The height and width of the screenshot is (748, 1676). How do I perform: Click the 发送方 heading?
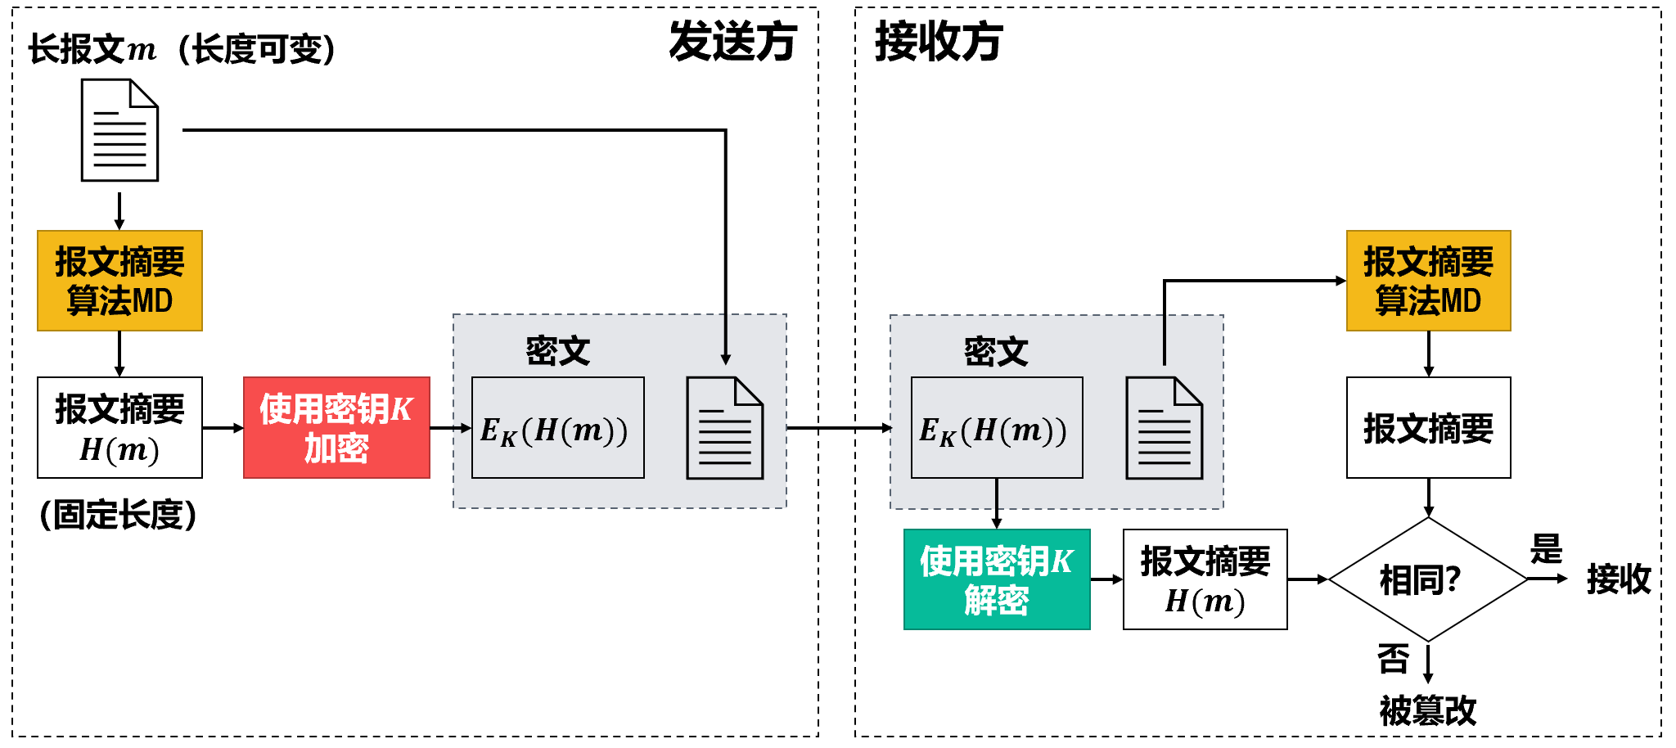pyautogui.click(x=732, y=42)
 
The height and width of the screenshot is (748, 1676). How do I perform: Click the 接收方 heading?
pyautogui.click(x=939, y=42)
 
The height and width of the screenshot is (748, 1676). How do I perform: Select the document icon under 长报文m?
pyautogui.click(x=119, y=130)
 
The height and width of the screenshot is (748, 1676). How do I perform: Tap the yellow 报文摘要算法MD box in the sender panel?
pyautogui.click(x=119, y=281)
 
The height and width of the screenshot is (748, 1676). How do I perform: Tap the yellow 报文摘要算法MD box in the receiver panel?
pyautogui.click(x=1428, y=281)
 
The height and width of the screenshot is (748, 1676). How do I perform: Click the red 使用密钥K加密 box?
pyautogui.click(x=336, y=427)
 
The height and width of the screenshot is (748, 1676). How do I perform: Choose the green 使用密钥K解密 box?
pyautogui.click(x=997, y=579)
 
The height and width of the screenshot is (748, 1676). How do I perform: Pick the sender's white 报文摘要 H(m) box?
pyautogui.click(x=119, y=427)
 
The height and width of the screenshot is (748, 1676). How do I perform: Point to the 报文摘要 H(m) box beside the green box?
pyautogui.click(x=1205, y=579)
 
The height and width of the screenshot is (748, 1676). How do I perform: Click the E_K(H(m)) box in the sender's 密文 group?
pyautogui.click(x=557, y=428)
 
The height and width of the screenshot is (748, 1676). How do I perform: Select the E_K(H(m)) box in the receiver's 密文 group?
pyautogui.click(x=997, y=428)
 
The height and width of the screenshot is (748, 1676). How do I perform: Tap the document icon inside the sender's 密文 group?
pyautogui.click(x=725, y=428)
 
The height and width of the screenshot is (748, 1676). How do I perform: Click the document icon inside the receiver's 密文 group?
pyautogui.click(x=1165, y=428)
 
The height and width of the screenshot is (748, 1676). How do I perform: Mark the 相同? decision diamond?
pyautogui.click(x=1427, y=579)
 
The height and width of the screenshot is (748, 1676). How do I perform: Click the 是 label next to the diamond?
pyautogui.click(x=1546, y=549)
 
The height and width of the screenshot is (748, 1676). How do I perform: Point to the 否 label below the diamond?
pyautogui.click(x=1393, y=659)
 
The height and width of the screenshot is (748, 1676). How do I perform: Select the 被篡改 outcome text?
pyautogui.click(x=1427, y=710)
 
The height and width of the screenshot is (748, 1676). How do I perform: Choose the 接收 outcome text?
pyautogui.click(x=1619, y=579)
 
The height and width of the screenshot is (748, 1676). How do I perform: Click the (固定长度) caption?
pyautogui.click(x=119, y=515)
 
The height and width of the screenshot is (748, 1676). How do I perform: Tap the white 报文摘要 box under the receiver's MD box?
pyautogui.click(x=1428, y=428)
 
